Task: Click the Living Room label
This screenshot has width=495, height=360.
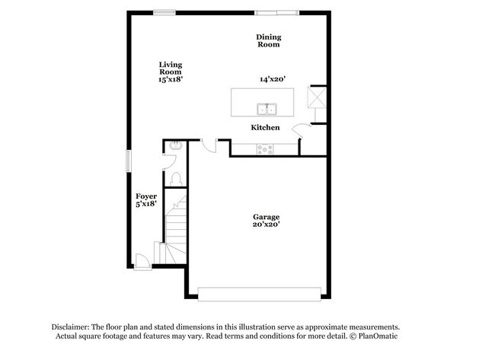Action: pyautogui.click(x=171, y=68)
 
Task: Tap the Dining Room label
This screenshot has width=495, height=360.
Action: pyautogui.click(x=269, y=40)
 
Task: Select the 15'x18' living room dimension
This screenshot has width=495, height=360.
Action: pyautogui.click(x=171, y=79)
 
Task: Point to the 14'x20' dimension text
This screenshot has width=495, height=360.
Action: pyautogui.click(x=273, y=79)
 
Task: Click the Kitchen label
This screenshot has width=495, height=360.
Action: pyautogui.click(x=265, y=127)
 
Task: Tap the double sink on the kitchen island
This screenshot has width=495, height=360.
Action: pyautogui.click(x=267, y=109)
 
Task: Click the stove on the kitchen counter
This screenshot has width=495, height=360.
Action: pyautogui.click(x=265, y=149)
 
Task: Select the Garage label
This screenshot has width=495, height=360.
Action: pyautogui.click(x=266, y=217)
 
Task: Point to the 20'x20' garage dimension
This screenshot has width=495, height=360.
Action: pyautogui.click(x=266, y=225)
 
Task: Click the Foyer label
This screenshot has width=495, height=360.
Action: pyautogui.click(x=146, y=196)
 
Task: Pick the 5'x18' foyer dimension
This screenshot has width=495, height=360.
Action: pyautogui.click(x=146, y=204)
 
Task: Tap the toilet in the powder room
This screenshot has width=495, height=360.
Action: pyautogui.click(x=176, y=179)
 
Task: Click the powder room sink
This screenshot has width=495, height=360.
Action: pyautogui.click(x=175, y=145)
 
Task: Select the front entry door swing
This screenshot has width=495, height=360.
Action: pyautogui.click(x=142, y=260)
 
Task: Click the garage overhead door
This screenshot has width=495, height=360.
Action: pyautogui.click(x=260, y=295)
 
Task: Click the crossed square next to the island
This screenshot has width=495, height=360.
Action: pyautogui.click(x=317, y=97)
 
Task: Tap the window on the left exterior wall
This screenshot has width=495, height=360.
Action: pyautogui.click(x=129, y=161)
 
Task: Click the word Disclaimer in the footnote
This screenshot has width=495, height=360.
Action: pyautogui.click(x=71, y=327)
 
